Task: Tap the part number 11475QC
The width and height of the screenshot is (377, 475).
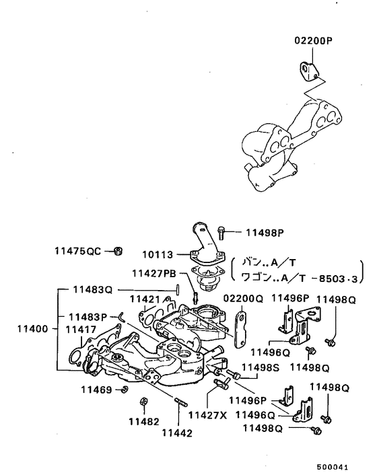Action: pos(77,251)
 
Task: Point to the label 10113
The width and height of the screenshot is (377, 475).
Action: pos(158,255)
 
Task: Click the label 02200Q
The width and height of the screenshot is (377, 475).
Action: pos(242,298)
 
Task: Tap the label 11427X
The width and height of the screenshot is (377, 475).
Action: pos(207,415)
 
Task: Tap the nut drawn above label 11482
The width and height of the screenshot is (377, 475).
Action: pos(143,403)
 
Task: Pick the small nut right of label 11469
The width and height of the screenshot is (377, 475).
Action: pos(125,390)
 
